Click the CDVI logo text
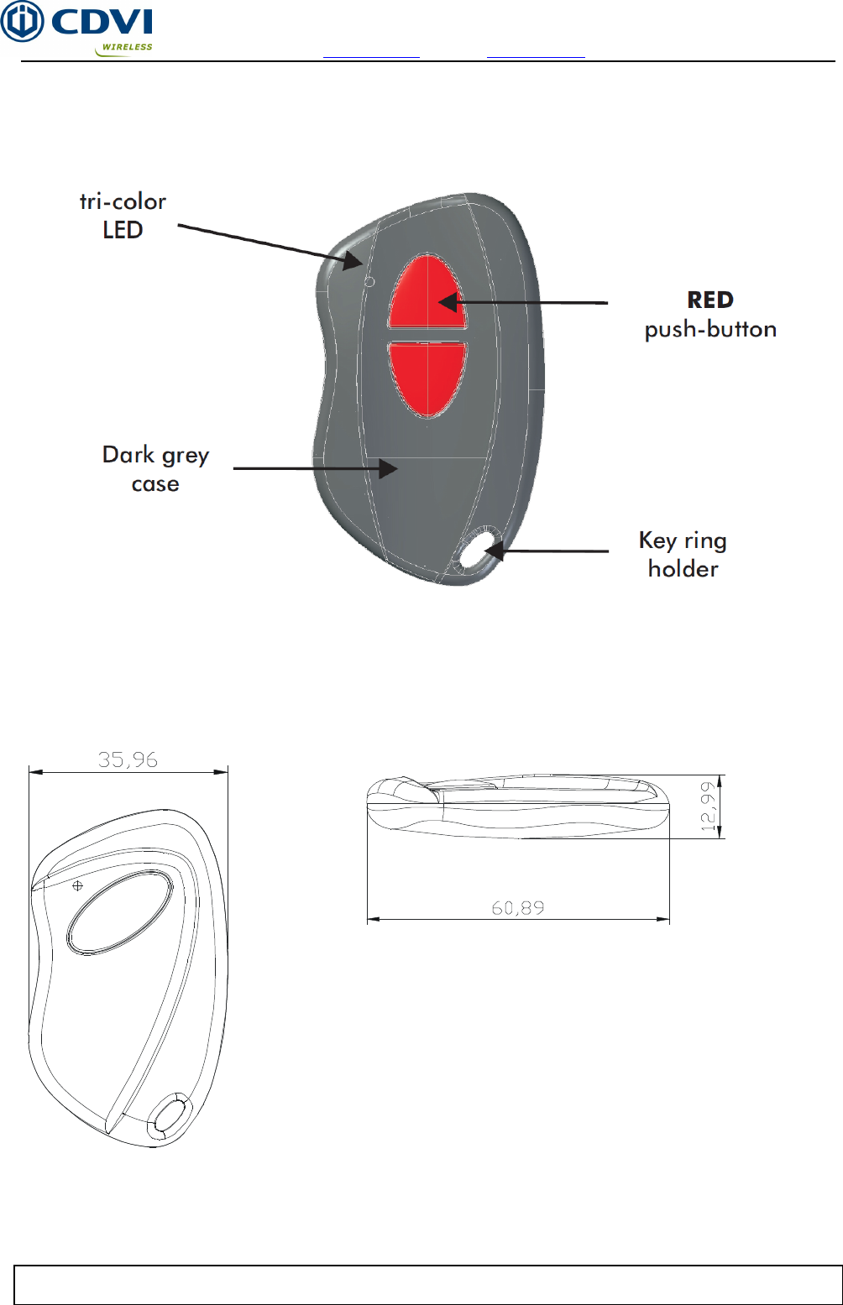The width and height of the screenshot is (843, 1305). pos(102,23)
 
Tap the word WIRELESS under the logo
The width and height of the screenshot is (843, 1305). pos(127,48)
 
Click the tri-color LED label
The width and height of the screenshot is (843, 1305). pos(123,216)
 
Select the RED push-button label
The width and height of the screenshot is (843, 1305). pos(710,315)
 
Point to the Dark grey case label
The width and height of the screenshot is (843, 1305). pos(155,469)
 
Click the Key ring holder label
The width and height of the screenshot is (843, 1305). pos(683,555)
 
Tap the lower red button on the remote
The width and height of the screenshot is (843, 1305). pos(427,378)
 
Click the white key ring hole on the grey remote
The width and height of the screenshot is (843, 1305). pos(477,550)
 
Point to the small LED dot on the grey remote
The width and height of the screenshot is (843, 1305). pos(369,282)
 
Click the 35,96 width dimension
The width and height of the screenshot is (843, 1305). pos(128,760)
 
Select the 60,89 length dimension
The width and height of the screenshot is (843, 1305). pos(518,908)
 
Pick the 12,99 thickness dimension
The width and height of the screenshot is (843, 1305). pos(709,806)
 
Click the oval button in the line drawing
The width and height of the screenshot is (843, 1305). pos(119,912)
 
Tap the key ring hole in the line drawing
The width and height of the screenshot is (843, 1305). pos(170,1116)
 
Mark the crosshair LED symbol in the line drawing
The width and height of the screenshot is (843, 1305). pos(78,885)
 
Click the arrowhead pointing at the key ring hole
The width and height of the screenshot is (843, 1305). pos(493,551)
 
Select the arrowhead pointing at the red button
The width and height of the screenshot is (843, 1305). pos(447,302)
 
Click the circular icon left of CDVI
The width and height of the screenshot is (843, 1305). pos(22,22)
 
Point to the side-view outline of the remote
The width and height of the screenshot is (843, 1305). pos(518,806)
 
